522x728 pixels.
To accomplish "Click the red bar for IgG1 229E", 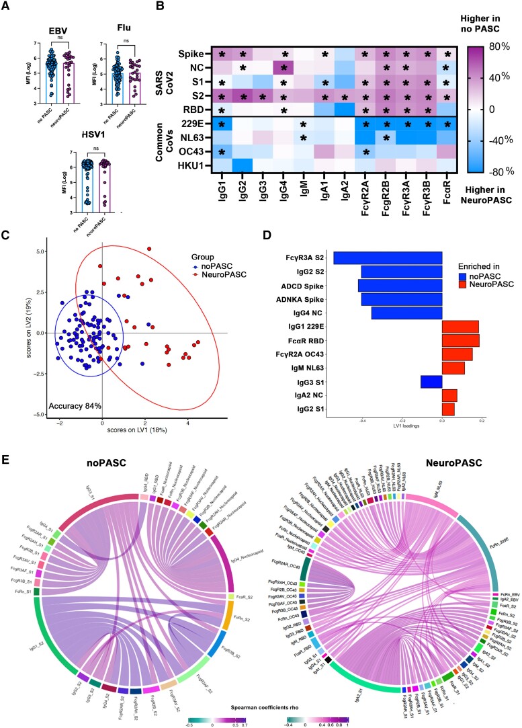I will point(460,327).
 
